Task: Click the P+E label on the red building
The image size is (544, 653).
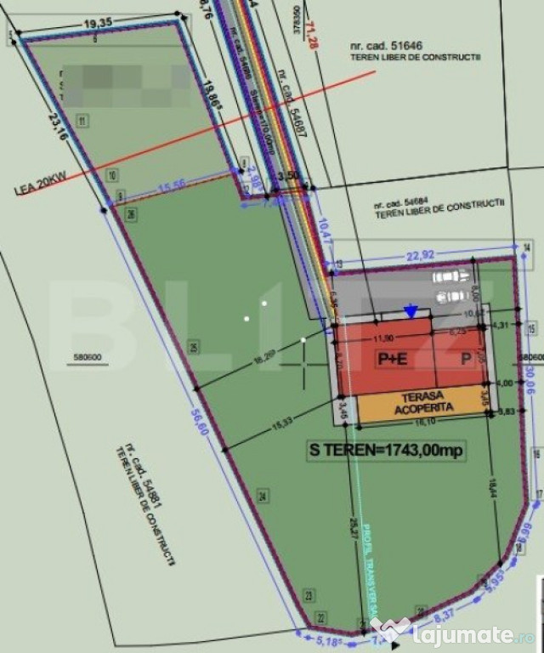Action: [x=392, y=359]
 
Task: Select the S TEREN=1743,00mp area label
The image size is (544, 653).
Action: [x=388, y=451]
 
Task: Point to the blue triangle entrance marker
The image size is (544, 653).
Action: [x=411, y=312]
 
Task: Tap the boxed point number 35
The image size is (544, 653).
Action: [x=195, y=347]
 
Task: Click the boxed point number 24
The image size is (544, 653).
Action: [x=263, y=495]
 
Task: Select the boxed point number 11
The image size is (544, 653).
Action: [x=82, y=121]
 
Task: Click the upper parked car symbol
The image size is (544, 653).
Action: [x=450, y=276]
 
